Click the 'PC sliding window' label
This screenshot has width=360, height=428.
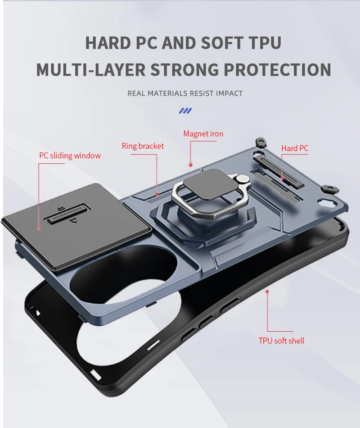coord(70,156)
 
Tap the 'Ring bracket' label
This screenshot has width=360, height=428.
coord(143,146)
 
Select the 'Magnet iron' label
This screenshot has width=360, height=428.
coord(203,134)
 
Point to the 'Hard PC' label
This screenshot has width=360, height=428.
coord(295,148)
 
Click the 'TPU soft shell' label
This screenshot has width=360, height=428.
coord(281,341)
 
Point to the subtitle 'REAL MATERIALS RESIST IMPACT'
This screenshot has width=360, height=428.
coord(185,94)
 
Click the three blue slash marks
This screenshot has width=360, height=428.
coord(185,110)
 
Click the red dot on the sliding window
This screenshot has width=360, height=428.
coord(39,228)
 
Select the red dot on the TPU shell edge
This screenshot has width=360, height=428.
coord(267,291)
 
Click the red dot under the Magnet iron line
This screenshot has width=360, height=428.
coord(190,165)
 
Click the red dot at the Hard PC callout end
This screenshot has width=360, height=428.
coord(282,178)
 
